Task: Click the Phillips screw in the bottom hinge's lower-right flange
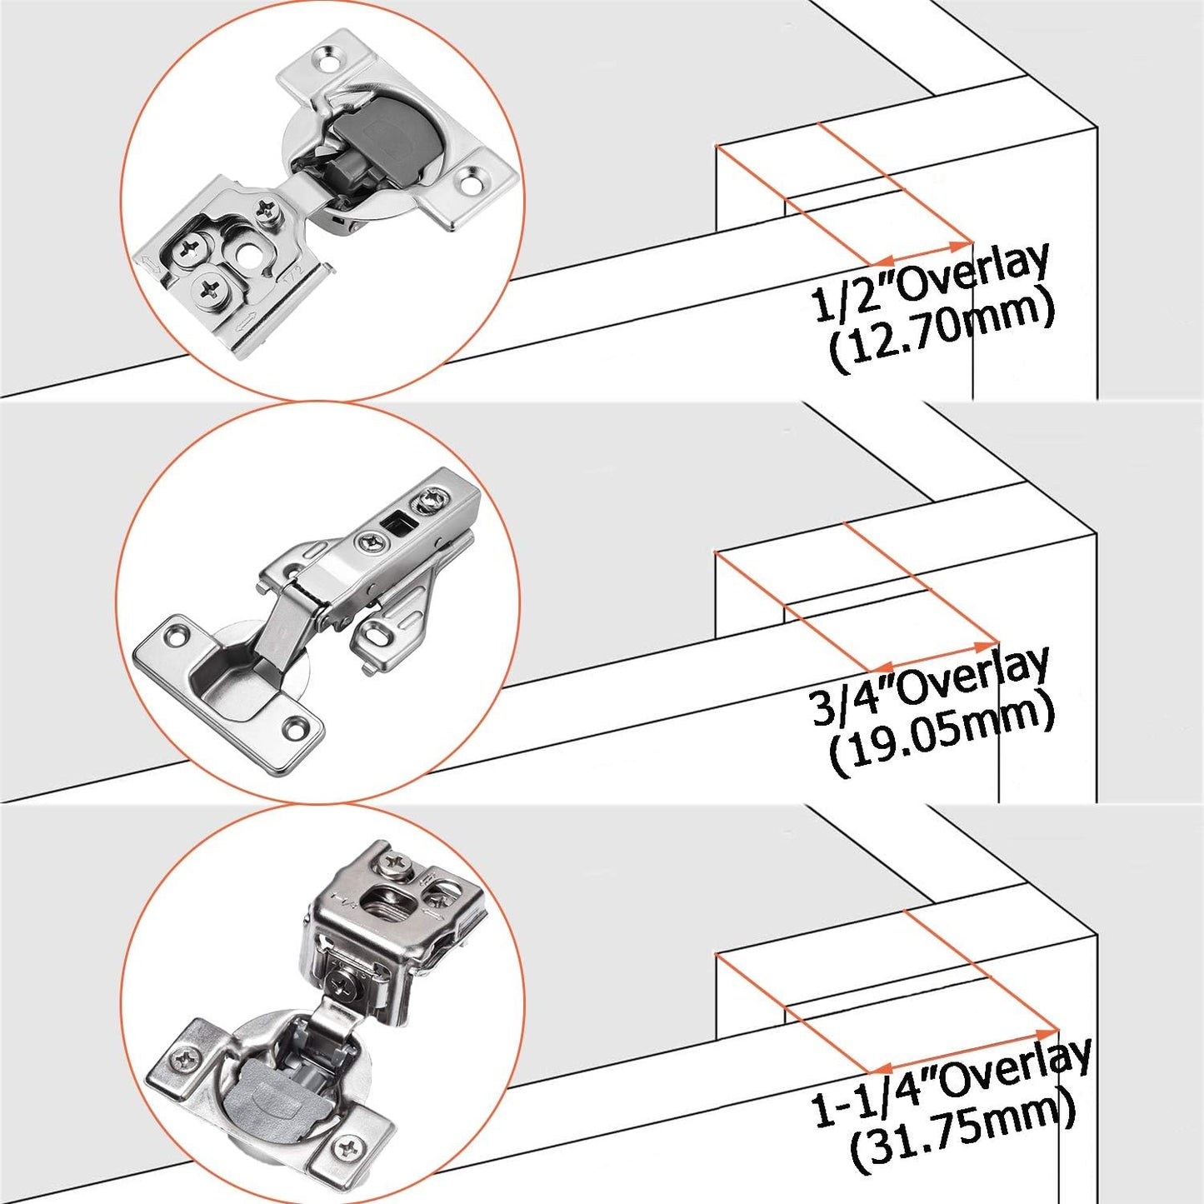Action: pos(348,1150)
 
